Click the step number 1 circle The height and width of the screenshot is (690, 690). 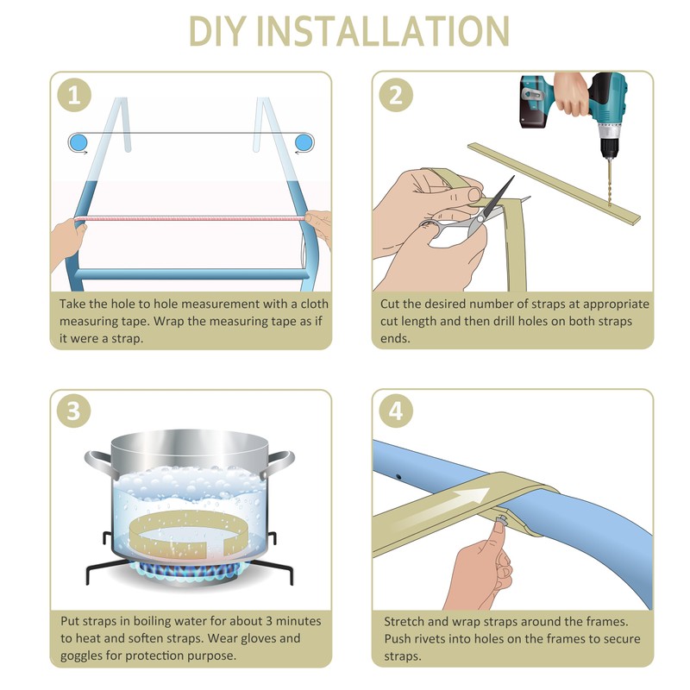click(x=74, y=95)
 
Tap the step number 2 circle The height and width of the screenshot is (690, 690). click(x=396, y=95)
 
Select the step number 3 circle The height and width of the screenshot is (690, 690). click(x=74, y=411)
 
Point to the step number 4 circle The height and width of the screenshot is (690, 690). click(x=396, y=411)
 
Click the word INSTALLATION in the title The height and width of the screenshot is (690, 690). click(x=382, y=31)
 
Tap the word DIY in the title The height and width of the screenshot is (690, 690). click(x=216, y=31)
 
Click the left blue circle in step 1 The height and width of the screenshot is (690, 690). click(x=78, y=142)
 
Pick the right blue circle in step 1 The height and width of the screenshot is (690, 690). click(x=304, y=142)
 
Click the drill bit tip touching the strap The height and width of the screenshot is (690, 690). click(x=610, y=205)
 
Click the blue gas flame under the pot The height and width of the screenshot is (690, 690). click(x=189, y=571)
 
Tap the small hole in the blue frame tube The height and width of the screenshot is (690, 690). click(x=398, y=477)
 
